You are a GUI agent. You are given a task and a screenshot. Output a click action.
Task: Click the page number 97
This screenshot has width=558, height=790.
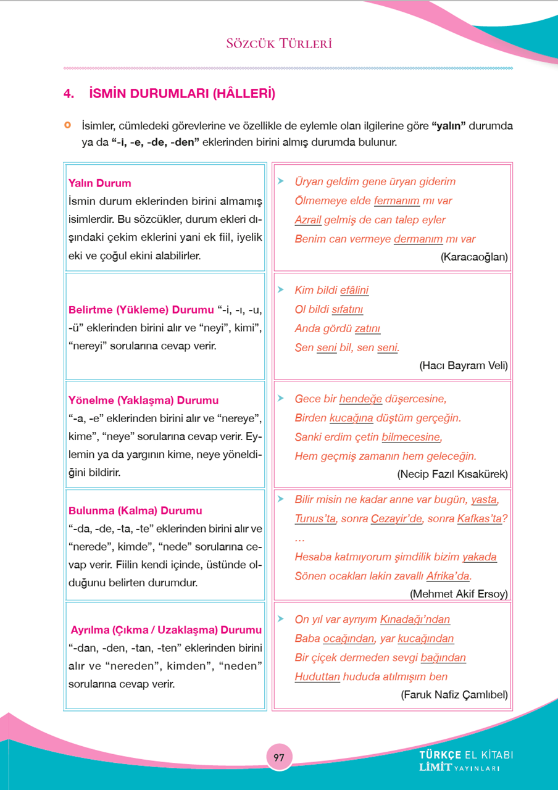tap(279, 757)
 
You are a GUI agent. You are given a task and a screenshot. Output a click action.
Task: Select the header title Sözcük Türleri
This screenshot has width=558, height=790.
tap(279, 44)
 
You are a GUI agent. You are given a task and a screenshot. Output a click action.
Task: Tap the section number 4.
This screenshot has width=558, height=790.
tap(69, 94)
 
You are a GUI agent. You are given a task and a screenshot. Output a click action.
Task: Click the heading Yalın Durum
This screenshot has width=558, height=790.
tap(100, 183)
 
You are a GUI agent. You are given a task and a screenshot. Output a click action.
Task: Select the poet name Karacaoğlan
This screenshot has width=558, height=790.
tap(474, 257)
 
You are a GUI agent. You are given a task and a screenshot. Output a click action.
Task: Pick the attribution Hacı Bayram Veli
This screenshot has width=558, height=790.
tap(464, 366)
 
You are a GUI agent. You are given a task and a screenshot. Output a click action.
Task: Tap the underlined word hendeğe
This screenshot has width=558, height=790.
tap(360, 399)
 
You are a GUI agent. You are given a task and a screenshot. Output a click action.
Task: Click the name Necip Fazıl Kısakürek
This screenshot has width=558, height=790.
tap(452, 474)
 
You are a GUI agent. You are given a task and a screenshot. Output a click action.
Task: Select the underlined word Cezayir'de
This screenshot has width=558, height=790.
tap(397, 518)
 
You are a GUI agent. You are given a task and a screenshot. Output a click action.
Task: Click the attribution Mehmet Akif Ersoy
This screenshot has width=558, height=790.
tap(459, 594)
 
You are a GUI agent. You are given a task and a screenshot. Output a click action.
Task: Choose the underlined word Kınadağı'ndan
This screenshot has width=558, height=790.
tap(415, 619)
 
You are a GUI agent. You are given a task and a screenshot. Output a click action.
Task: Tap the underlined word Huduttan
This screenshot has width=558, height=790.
tap(317, 676)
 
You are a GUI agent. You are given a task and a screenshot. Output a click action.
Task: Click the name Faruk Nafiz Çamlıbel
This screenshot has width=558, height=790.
tap(454, 695)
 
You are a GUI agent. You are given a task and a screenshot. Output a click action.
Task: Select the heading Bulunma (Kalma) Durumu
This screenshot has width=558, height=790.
tap(135, 511)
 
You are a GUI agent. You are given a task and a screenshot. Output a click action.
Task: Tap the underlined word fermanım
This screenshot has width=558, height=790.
tap(397, 201)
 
